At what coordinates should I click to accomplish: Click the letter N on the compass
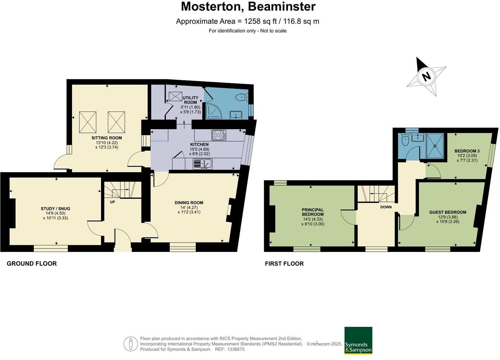[x=427, y=77]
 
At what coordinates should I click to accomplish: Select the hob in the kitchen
[x=219, y=135]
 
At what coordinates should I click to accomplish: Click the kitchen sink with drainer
[x=203, y=164]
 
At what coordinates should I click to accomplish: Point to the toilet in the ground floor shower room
[x=242, y=97]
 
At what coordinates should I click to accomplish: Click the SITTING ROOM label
[x=107, y=138]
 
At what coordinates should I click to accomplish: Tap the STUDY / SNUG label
[x=55, y=209]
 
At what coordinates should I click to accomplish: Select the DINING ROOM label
[x=189, y=202]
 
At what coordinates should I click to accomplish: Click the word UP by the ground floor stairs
[x=113, y=202]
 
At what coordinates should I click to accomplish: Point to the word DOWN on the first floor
[x=386, y=207]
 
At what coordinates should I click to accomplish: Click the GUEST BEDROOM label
[x=448, y=212]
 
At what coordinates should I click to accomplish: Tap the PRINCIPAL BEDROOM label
[x=313, y=212]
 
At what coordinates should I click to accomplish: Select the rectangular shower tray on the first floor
[x=435, y=146]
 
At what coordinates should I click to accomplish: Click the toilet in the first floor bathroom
[x=405, y=140]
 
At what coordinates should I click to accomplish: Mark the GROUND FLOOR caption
[x=32, y=264]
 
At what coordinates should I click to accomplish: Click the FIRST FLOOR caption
[x=284, y=264]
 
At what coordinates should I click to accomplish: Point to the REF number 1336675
[x=236, y=349]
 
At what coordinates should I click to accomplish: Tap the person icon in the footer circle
[x=131, y=344]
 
